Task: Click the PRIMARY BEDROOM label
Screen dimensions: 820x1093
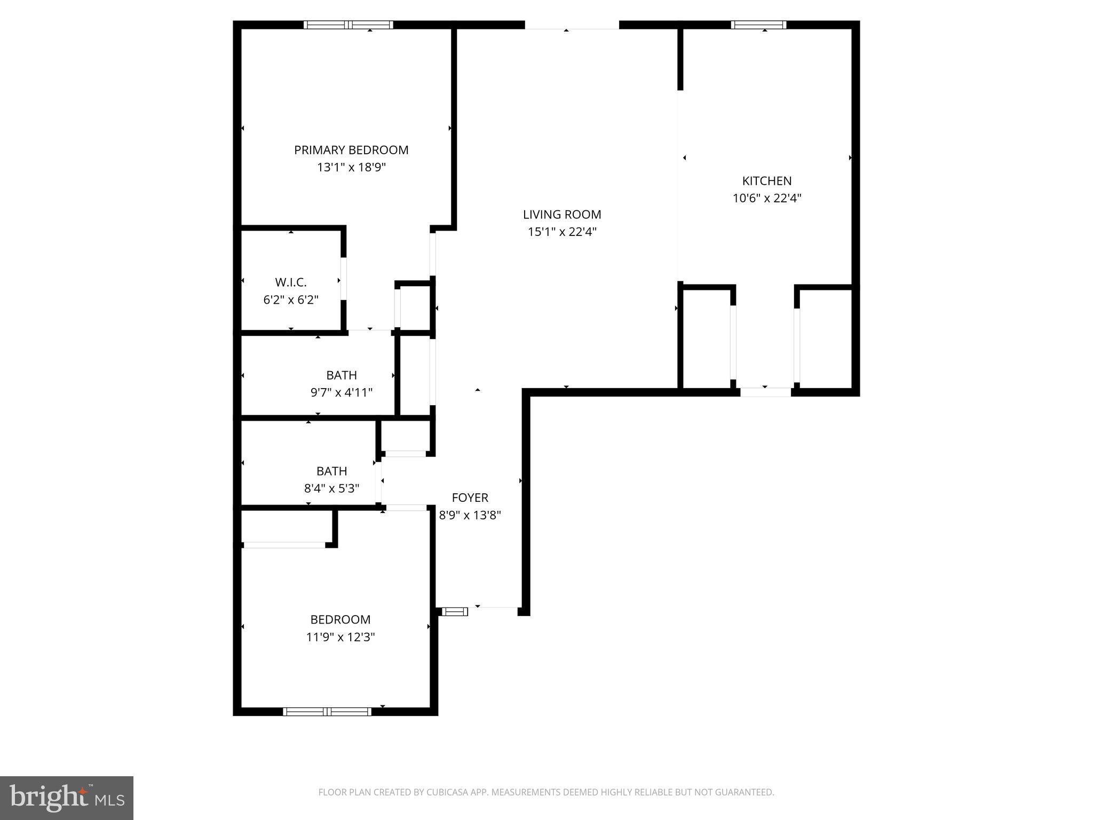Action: coord(351,150)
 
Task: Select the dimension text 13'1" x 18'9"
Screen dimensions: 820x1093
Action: coord(351,168)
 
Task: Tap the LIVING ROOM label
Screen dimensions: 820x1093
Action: coord(561,215)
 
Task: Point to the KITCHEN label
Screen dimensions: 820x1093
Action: coord(766,181)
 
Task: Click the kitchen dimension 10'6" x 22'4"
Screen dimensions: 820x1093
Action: coord(766,199)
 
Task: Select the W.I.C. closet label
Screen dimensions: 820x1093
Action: coord(291,282)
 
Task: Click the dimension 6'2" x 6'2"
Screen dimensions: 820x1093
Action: coord(291,300)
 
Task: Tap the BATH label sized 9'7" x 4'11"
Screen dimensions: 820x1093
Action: coord(342,375)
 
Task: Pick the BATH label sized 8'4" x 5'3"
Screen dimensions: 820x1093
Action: coord(331,471)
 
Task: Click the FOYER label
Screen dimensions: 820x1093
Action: coord(470,498)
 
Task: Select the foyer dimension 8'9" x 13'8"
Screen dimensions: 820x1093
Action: coord(470,516)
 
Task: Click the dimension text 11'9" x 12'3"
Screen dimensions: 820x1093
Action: coord(340,637)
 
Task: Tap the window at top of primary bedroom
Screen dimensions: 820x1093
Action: coord(349,25)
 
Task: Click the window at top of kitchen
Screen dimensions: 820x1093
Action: coord(758,25)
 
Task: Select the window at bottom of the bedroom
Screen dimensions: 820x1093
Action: coord(327,711)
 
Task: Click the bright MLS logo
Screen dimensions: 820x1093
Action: coord(67,798)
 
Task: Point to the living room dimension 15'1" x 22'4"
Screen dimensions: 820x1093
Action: coord(561,232)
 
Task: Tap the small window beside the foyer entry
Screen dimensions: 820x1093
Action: coord(455,612)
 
